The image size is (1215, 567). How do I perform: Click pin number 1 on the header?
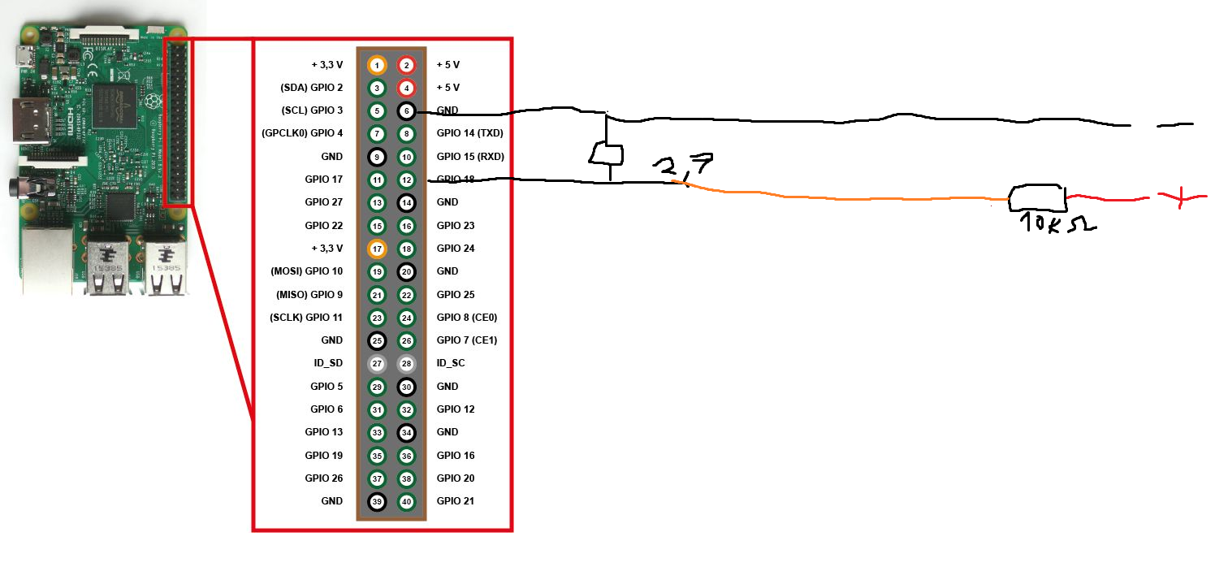pos(377,64)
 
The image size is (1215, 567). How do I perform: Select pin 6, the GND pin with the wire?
pos(407,110)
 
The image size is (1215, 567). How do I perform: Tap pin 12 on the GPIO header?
pos(407,180)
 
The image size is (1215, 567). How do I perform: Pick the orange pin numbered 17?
pos(377,249)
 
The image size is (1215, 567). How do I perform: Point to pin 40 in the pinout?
pos(407,502)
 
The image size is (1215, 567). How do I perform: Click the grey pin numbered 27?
pos(377,363)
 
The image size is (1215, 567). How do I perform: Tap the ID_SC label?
pos(451,363)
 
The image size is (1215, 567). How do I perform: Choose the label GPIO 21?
pos(456,501)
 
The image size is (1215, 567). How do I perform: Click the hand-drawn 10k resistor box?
pos(1037,197)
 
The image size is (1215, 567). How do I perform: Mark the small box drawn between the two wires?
pos(606,154)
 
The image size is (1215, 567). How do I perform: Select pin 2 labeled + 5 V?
pos(407,64)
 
